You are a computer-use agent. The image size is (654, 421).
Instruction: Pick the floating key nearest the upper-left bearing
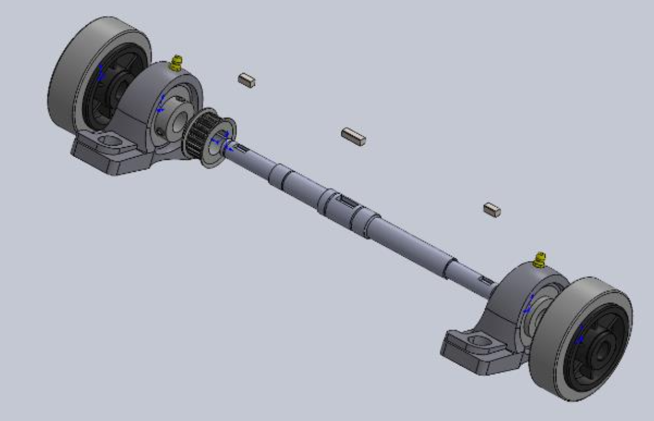247,80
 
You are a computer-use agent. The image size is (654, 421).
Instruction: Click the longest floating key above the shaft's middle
353,136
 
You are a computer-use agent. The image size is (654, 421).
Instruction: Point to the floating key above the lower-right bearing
492,209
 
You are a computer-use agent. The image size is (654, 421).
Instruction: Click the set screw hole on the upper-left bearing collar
159,131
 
